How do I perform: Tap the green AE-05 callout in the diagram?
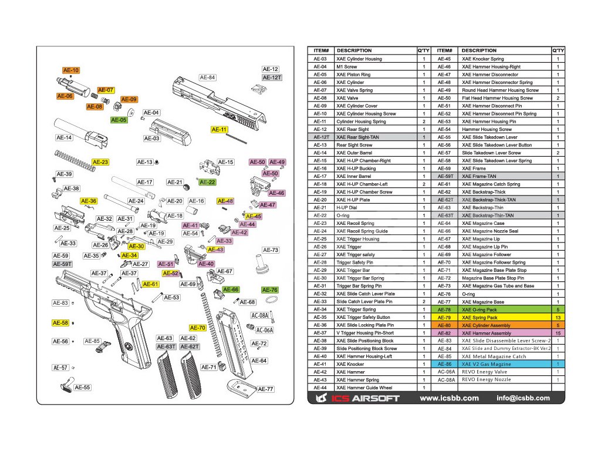119,120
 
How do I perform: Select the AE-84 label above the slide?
208,78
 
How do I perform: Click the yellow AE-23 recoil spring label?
100,162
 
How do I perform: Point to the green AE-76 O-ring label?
269,290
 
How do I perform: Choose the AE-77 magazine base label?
266,389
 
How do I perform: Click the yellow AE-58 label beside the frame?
60,323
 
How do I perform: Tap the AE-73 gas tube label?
271,250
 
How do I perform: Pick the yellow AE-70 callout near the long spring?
198,328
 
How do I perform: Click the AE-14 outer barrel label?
64,138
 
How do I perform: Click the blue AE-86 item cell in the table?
444,364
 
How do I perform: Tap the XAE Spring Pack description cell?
480,317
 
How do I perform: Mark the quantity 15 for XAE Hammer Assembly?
558,333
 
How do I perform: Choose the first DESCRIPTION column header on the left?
354,51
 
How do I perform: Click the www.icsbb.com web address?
450,398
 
